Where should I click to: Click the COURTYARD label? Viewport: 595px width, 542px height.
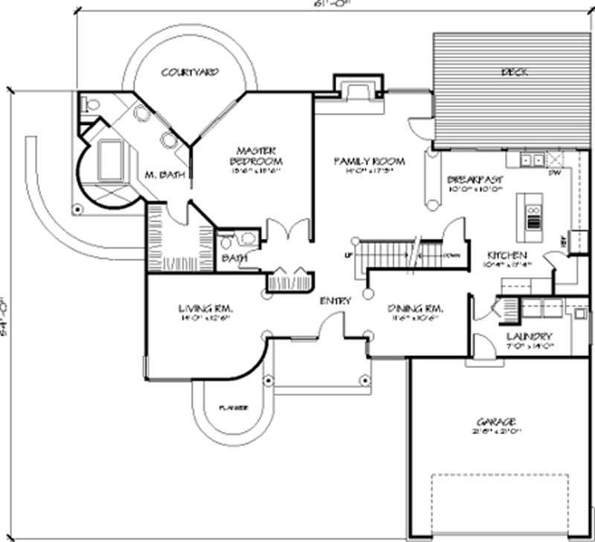click(x=190, y=73)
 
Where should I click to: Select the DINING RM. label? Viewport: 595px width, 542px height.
click(x=415, y=308)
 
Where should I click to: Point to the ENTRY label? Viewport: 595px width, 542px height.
click(x=335, y=300)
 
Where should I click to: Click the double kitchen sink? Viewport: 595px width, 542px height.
click(x=532, y=158)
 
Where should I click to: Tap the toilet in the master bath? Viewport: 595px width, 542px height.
click(x=91, y=105)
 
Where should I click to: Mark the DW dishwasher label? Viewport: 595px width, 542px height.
click(x=553, y=172)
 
